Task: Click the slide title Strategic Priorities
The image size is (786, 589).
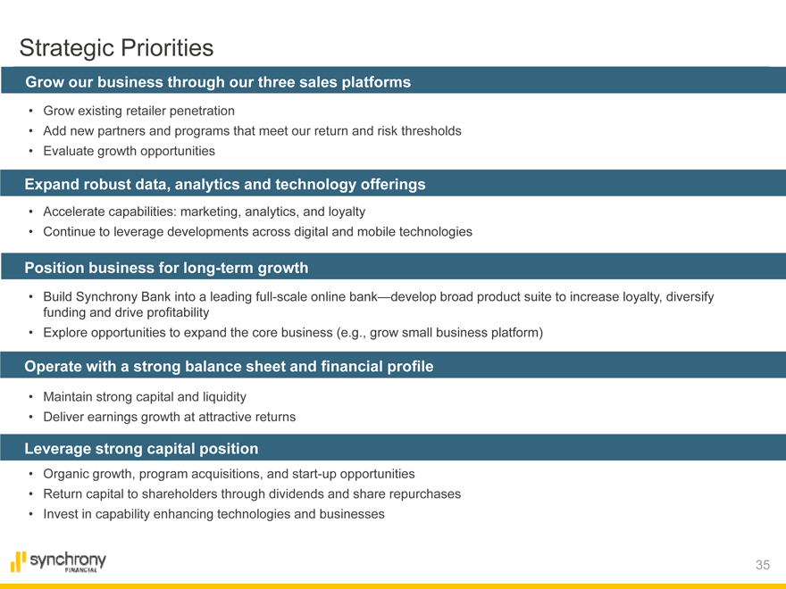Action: pyautogui.click(x=116, y=48)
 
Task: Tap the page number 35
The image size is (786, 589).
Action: pyautogui.click(x=763, y=565)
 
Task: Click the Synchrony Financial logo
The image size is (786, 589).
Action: pyautogui.click(x=58, y=561)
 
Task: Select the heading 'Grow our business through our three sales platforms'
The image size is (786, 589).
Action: pyautogui.click(x=218, y=82)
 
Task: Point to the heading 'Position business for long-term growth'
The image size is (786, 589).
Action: pyautogui.click(x=166, y=268)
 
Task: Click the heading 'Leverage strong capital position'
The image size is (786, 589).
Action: pyautogui.click(x=141, y=449)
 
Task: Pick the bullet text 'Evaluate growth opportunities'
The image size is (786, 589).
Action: pyautogui.click(x=129, y=151)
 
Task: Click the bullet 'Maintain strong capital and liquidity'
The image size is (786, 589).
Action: pyautogui.click(x=145, y=397)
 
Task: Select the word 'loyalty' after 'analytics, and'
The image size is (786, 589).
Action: pyautogui.click(x=347, y=212)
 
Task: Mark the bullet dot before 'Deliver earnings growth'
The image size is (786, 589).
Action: pyautogui.click(x=31, y=418)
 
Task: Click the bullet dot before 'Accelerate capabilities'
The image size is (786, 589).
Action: pyautogui.click(x=31, y=212)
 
